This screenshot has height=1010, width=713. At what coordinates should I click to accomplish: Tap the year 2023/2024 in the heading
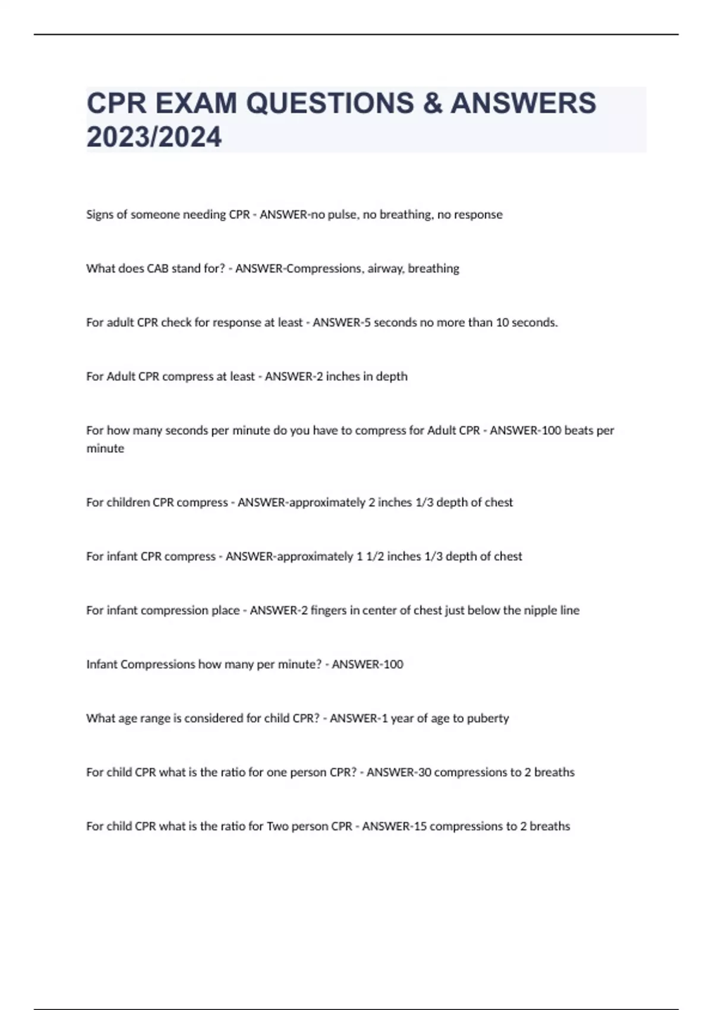[x=154, y=137]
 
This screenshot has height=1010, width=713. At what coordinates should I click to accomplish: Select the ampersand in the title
[x=432, y=103]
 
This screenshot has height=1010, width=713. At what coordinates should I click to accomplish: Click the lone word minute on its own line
[x=105, y=449]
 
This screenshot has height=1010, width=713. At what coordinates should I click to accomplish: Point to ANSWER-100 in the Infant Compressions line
[x=367, y=664]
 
